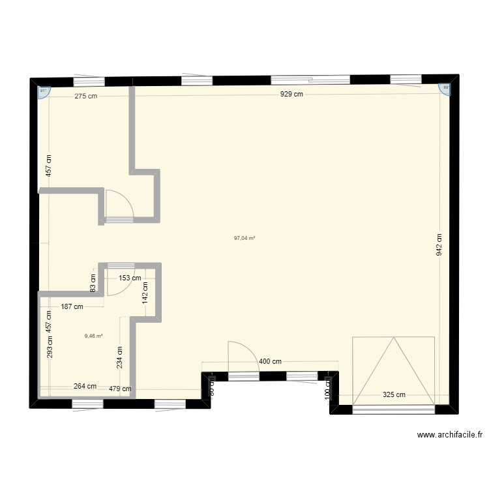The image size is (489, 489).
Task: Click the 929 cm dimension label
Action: coord(291,95)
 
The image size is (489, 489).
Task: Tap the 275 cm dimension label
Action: coord(86,96)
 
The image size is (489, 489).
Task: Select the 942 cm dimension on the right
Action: coord(440,244)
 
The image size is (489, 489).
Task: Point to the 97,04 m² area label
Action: coord(244,239)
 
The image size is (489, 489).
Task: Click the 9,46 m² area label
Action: coord(93,336)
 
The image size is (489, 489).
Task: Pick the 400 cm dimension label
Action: coord(271,361)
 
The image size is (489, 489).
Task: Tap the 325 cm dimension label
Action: coord(394,394)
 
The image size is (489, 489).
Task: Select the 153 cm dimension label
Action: coord(129,278)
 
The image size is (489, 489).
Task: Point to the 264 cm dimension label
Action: coord(85,386)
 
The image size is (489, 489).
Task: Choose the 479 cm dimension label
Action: coord(120,389)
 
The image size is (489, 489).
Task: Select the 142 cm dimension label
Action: coord(146,291)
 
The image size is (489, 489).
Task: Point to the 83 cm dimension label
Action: coord(93,283)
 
